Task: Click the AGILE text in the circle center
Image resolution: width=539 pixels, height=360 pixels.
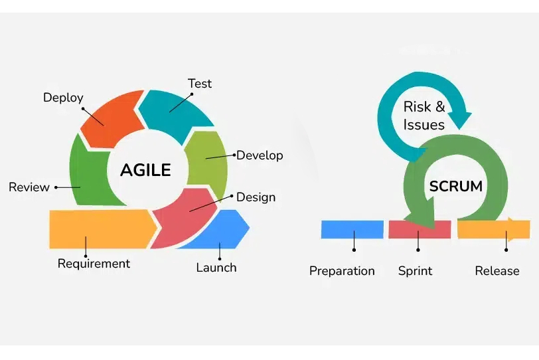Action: [x=145, y=170]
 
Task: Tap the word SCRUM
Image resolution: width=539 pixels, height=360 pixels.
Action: [x=456, y=187]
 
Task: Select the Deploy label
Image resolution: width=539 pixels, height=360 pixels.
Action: [x=63, y=98]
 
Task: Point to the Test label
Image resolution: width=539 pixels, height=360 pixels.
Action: [x=199, y=84]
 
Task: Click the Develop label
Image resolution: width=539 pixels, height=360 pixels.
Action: [x=260, y=155]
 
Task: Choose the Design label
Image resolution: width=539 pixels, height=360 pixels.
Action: [x=256, y=197]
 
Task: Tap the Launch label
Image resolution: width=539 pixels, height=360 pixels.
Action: [x=216, y=268]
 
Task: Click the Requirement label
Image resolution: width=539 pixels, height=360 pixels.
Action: [x=94, y=264]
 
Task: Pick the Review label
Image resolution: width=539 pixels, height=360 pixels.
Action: [x=29, y=187]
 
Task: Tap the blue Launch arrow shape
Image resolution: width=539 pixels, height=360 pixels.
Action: [x=220, y=230]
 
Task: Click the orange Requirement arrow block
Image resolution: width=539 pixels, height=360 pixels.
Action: [x=102, y=229]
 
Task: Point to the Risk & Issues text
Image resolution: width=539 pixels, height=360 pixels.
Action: [x=424, y=116]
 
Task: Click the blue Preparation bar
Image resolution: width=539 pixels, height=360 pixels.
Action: [x=352, y=229]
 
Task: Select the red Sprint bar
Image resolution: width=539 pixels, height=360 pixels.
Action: [x=420, y=230]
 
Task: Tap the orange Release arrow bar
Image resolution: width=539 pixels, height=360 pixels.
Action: [x=494, y=229]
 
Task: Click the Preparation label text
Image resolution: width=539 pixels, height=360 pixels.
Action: [x=342, y=271]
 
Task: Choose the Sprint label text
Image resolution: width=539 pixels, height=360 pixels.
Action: [x=416, y=271]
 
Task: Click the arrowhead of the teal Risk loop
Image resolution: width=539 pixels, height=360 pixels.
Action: [x=461, y=120]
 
